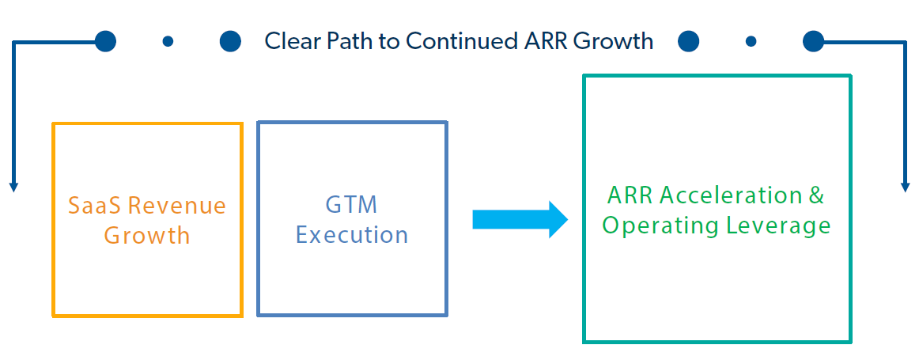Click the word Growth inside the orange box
click(x=147, y=235)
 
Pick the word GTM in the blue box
click(x=352, y=205)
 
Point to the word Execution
click(x=352, y=235)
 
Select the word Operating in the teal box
click(x=653, y=225)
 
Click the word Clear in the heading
click(x=292, y=41)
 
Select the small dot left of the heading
click(x=168, y=41)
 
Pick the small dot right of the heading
click(x=751, y=41)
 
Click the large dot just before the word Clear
click(x=230, y=41)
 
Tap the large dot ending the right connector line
click(x=814, y=41)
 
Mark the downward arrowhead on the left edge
click(x=13, y=186)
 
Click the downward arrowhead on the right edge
click(x=906, y=186)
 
